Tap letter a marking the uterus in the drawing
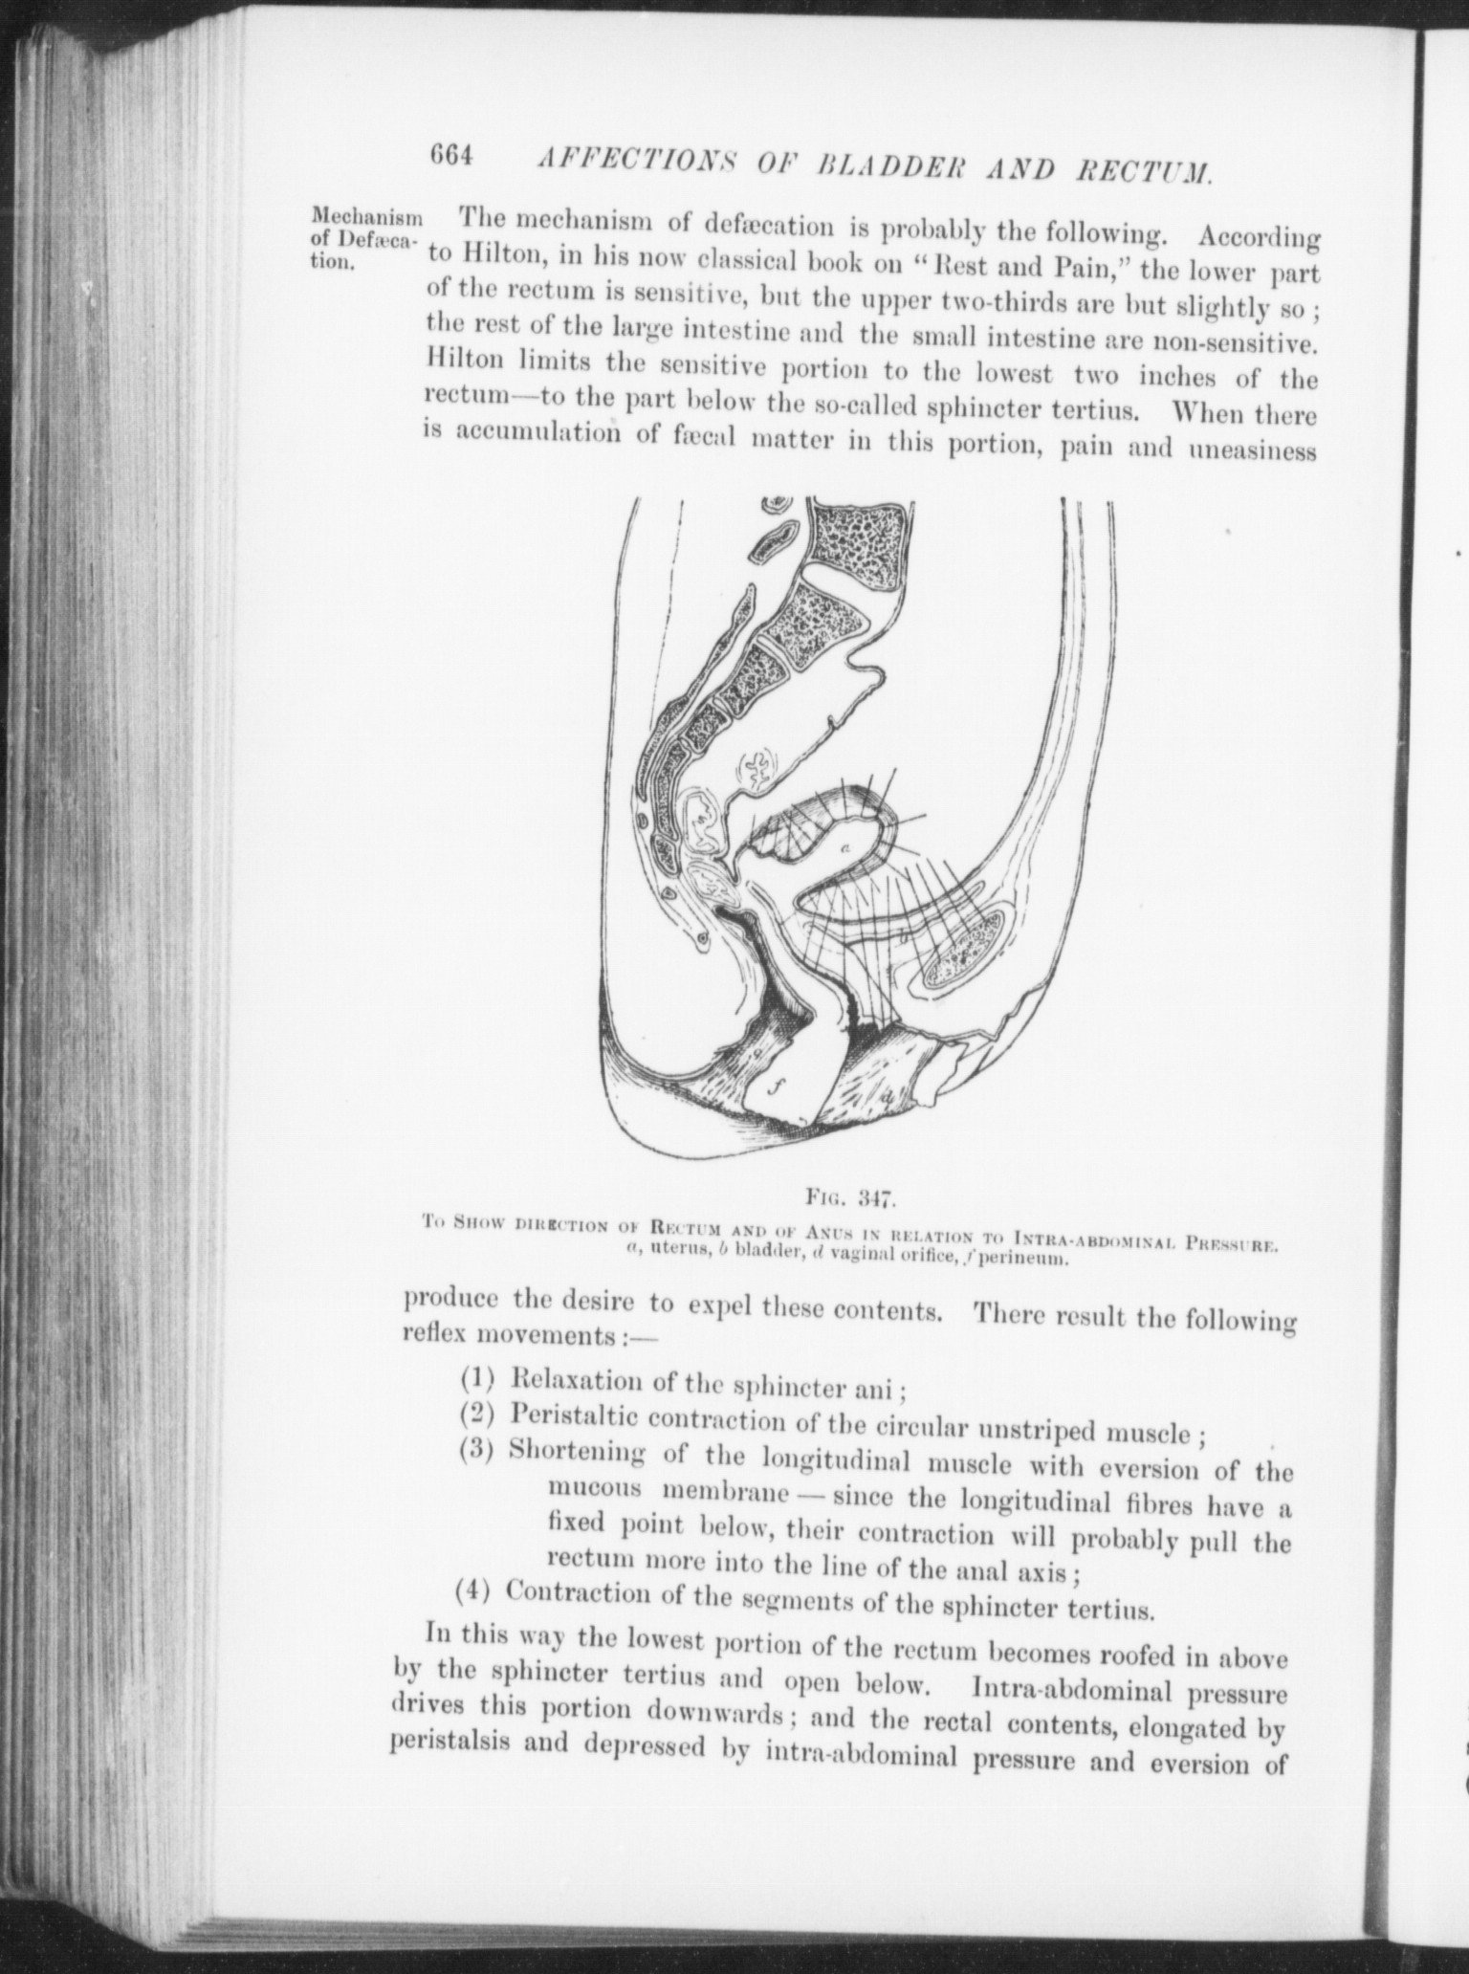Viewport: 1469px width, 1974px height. tap(844, 847)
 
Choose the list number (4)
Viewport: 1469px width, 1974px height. tap(471, 1592)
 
